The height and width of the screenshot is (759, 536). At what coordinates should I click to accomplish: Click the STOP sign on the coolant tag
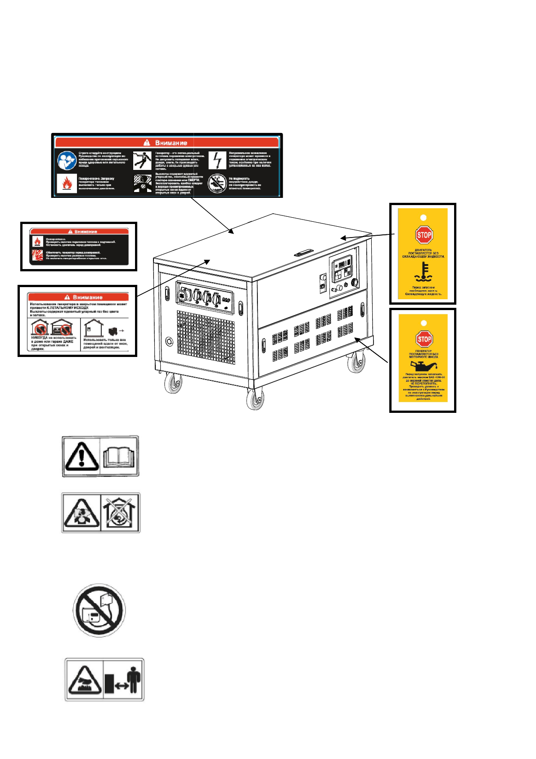[424, 235]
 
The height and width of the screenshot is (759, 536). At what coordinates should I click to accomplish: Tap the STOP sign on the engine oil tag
[424, 339]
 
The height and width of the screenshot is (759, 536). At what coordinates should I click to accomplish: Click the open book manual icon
[119, 456]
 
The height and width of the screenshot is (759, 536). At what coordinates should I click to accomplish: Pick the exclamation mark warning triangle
[81, 456]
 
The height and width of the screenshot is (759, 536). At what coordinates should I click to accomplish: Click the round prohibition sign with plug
[99, 611]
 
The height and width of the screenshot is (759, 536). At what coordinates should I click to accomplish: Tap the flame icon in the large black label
[67, 183]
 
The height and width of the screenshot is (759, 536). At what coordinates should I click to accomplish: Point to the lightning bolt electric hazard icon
[217, 160]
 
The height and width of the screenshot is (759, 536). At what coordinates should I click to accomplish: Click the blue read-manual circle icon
[67, 160]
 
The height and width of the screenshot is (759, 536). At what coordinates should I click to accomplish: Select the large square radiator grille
[206, 337]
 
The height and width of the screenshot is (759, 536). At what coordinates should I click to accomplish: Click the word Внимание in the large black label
[171, 143]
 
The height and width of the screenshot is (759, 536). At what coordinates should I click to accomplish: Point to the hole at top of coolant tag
[423, 218]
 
